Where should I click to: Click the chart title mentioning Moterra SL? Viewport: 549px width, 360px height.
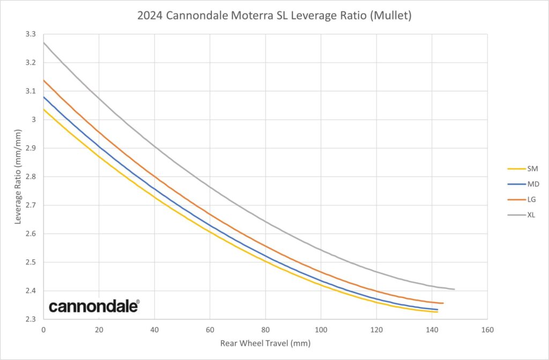pyautogui.click(x=274, y=16)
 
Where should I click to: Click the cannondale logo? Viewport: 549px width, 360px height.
pyautogui.click(x=94, y=306)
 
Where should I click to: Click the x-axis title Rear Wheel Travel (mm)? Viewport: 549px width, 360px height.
pyautogui.click(x=265, y=343)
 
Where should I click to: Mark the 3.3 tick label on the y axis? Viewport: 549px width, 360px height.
pyautogui.click(x=31, y=34)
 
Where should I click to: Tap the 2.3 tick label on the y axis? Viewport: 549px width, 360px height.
pyautogui.click(x=31, y=319)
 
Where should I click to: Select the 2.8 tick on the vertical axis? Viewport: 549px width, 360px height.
pyautogui.click(x=31, y=177)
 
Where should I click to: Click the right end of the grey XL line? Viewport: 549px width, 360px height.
pyautogui.click(x=454, y=289)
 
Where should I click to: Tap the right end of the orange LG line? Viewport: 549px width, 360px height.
pyautogui.click(x=443, y=303)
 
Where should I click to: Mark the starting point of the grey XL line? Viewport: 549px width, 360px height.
pyautogui.click(x=44, y=42)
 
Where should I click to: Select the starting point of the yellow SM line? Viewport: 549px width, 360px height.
pyautogui.click(x=44, y=109)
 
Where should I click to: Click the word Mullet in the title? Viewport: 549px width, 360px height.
pyautogui.click(x=395, y=16)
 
